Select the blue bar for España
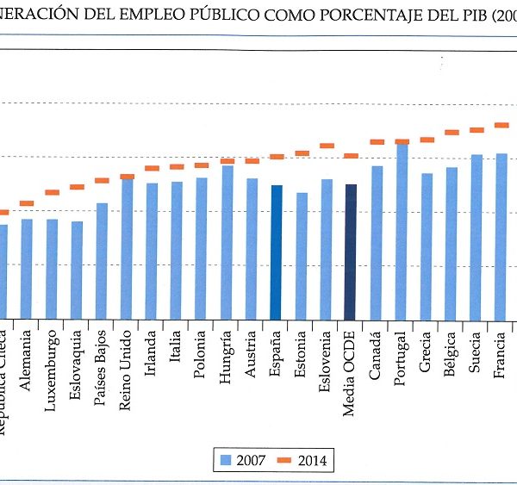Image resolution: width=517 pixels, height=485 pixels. [x=276, y=252]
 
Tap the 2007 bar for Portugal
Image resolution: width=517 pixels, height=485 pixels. [x=402, y=233]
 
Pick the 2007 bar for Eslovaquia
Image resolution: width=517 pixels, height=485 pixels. [x=77, y=270]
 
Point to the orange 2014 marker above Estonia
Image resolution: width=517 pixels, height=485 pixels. [x=302, y=153]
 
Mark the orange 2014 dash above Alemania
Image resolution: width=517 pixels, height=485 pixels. [x=27, y=203]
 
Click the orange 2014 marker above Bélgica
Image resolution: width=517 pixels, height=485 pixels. [x=452, y=133]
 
